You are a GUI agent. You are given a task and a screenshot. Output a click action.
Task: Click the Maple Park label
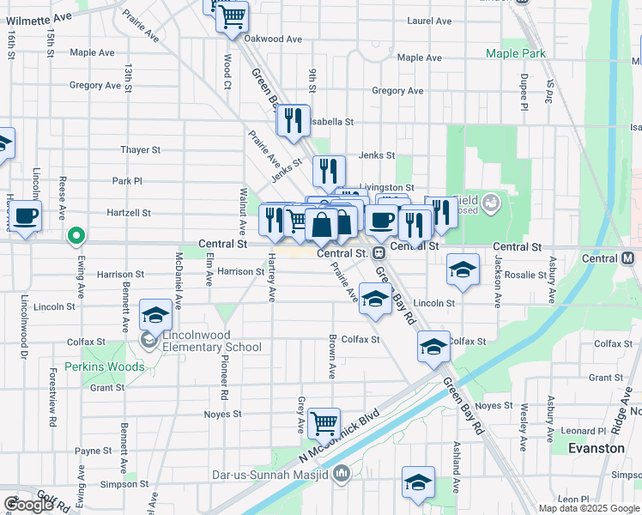(515, 53)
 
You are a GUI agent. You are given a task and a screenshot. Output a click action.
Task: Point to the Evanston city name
(597, 448)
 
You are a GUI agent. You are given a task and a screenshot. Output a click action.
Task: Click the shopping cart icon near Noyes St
(324, 422)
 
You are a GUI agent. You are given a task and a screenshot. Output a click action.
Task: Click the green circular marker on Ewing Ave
(76, 234)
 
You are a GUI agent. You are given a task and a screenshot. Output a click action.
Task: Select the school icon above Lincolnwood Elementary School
(155, 313)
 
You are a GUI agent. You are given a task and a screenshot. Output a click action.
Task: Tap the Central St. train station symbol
(376, 252)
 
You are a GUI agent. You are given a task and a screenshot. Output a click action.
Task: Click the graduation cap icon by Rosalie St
(462, 270)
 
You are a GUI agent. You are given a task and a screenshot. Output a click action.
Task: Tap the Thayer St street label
(141, 149)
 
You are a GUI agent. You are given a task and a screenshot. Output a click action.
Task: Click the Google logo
(28, 505)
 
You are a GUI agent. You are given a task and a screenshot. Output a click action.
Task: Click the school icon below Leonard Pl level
(417, 482)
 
